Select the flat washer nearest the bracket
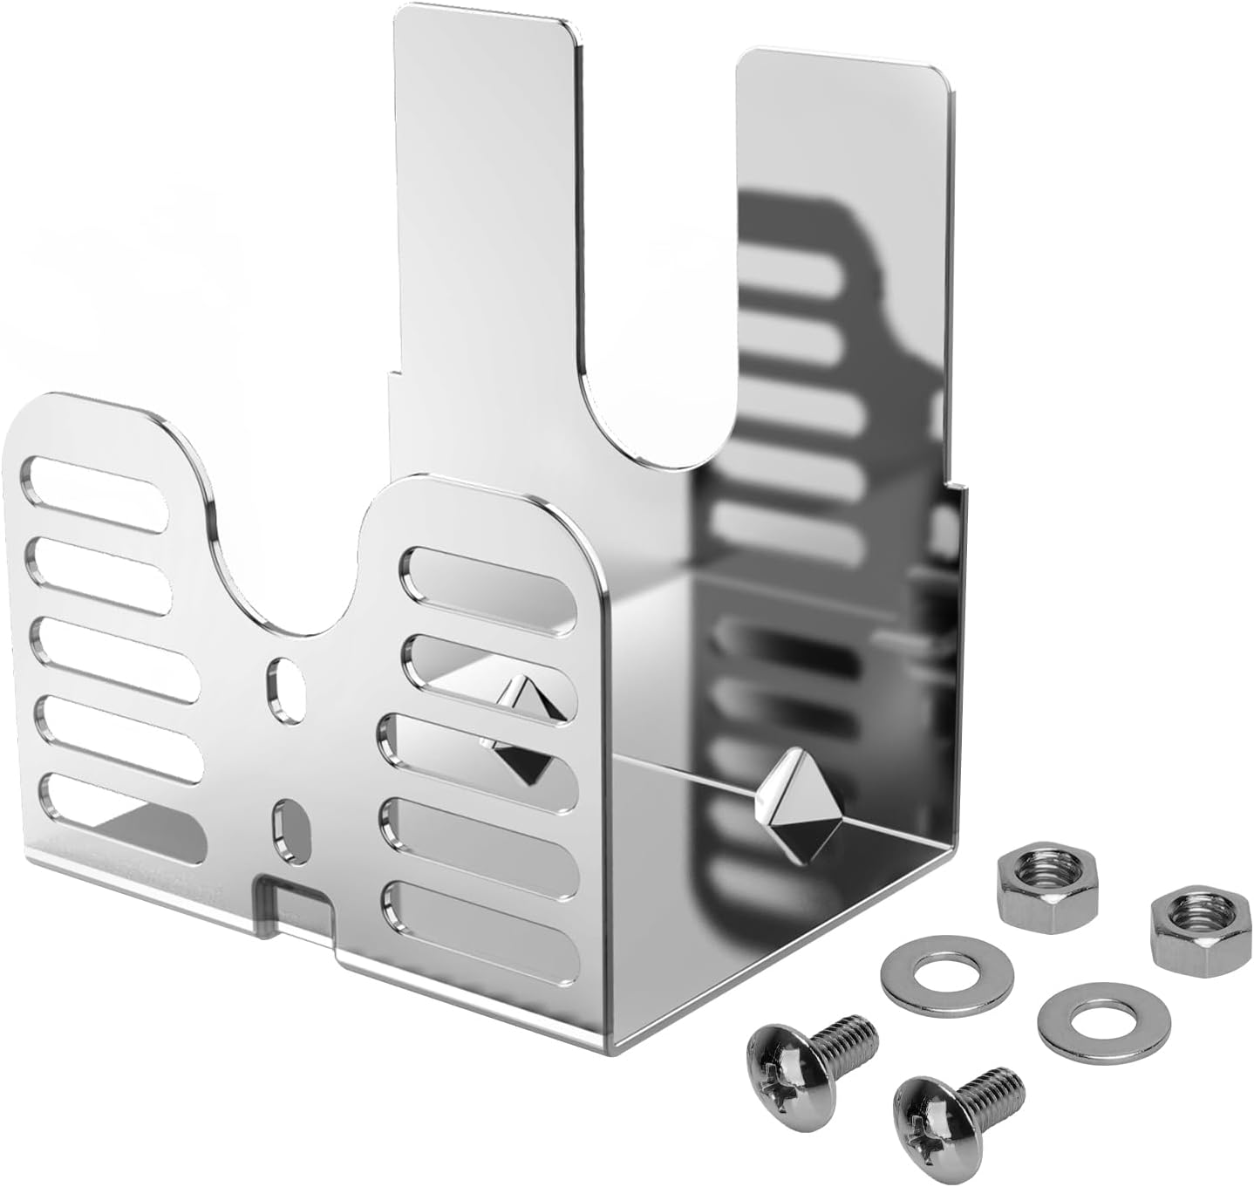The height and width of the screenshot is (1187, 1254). (947, 969)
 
